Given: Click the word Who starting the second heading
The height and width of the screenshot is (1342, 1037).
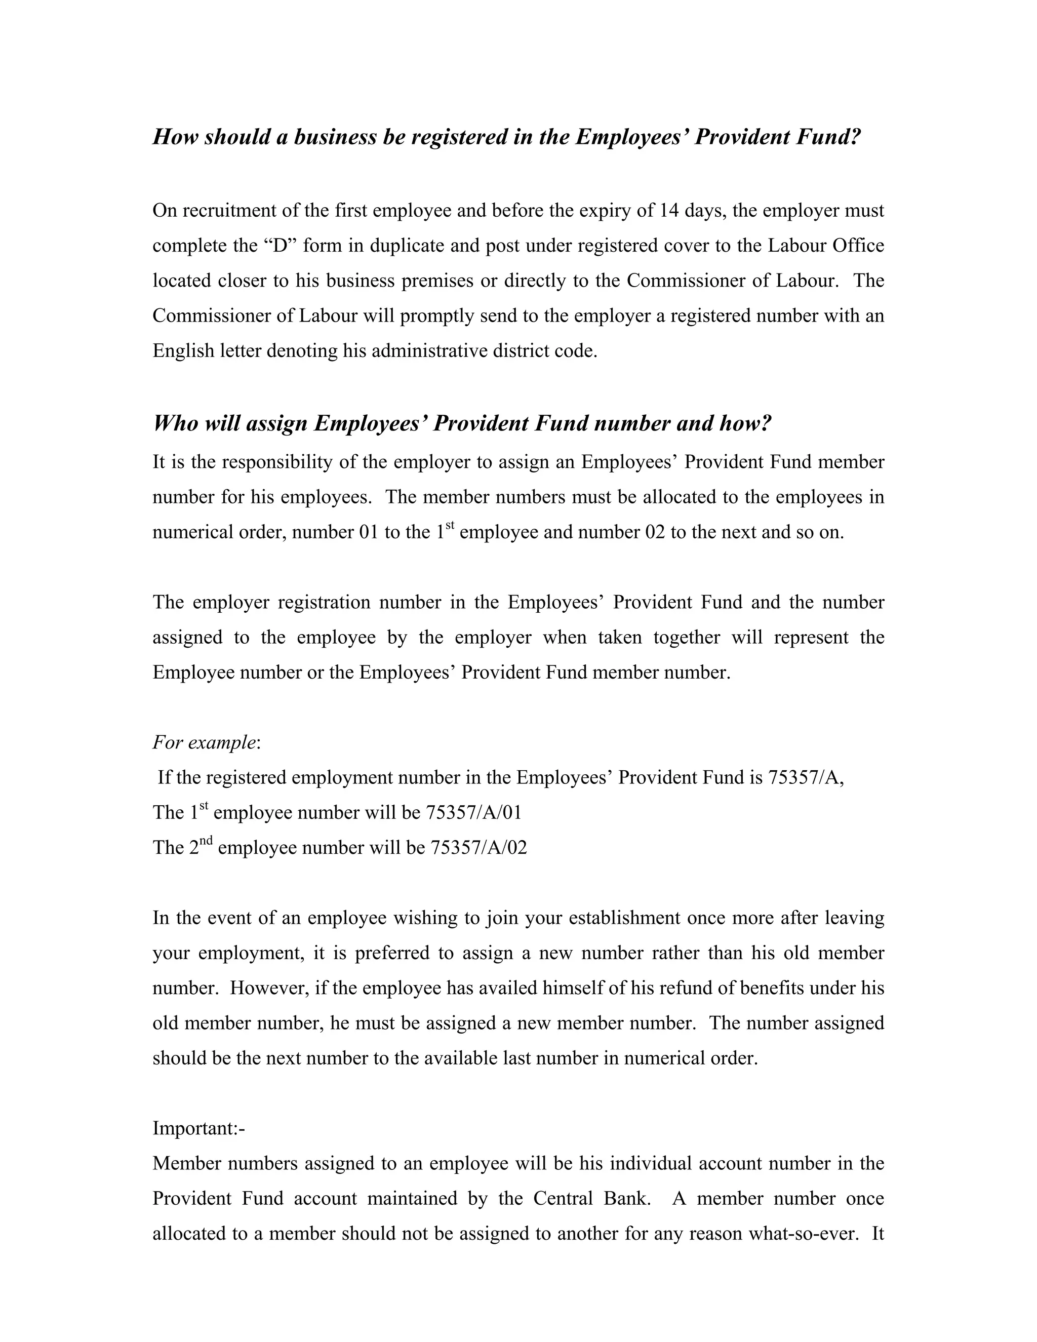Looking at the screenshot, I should (174, 423).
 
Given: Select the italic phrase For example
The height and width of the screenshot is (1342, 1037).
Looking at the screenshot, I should (204, 742).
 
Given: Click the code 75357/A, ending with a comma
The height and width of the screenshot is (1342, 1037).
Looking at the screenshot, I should (806, 778).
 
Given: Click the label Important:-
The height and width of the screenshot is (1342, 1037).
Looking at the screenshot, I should (198, 1128).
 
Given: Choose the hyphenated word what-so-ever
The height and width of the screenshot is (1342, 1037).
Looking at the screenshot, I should (801, 1233).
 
